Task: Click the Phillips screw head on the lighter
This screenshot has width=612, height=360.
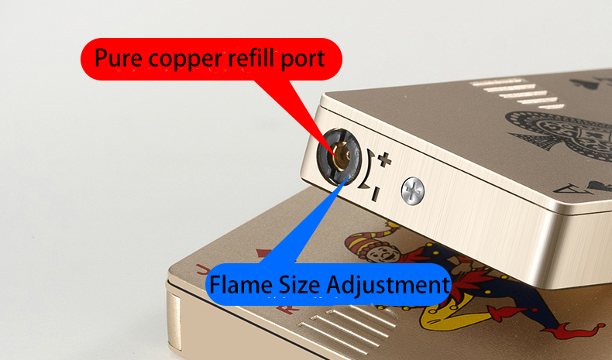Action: point(413,191)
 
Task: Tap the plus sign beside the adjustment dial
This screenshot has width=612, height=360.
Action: point(384,160)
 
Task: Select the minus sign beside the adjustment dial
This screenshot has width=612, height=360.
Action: point(376,194)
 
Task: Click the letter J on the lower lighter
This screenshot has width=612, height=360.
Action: point(201,269)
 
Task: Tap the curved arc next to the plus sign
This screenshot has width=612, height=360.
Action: point(367,169)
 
